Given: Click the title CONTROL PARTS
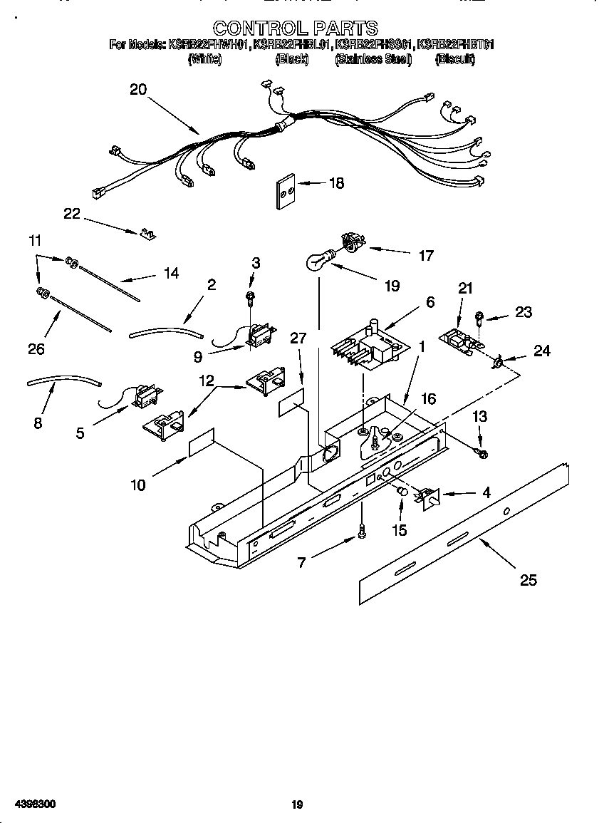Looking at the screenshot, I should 295,28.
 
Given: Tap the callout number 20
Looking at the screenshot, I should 138,89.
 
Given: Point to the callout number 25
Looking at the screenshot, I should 528,580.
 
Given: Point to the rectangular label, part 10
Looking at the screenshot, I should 202,443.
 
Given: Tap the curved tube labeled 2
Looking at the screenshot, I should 166,331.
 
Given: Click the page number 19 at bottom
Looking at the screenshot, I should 298,805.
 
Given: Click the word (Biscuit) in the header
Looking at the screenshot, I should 454,60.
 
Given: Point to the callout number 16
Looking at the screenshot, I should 427,399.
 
